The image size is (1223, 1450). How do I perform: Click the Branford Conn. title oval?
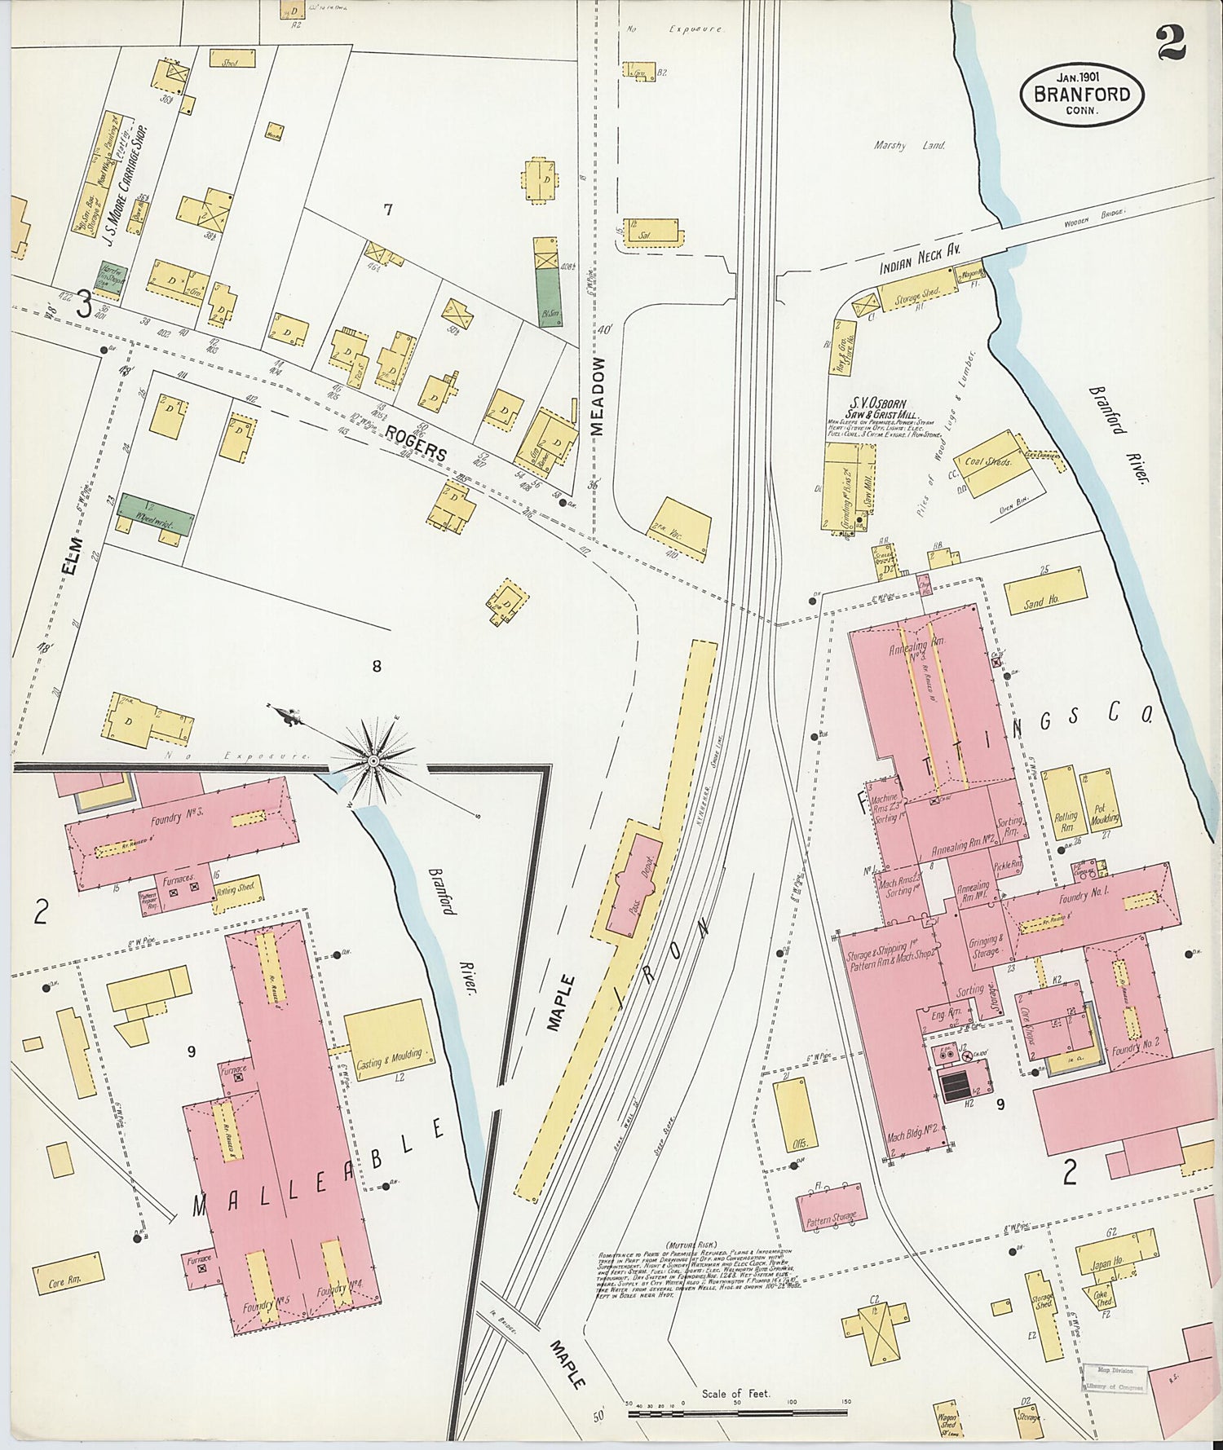click(1081, 95)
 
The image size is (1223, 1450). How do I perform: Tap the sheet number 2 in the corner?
click(1172, 43)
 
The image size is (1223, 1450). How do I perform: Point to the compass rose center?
click(373, 760)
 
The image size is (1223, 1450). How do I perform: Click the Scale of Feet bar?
click(738, 1411)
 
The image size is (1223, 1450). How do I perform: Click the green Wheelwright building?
click(157, 513)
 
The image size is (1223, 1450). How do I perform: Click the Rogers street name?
click(417, 443)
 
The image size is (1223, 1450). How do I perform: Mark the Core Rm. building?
click(68, 1280)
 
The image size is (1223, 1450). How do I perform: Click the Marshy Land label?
click(909, 145)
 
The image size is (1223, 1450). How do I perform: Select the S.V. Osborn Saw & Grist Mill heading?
click(884, 408)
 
